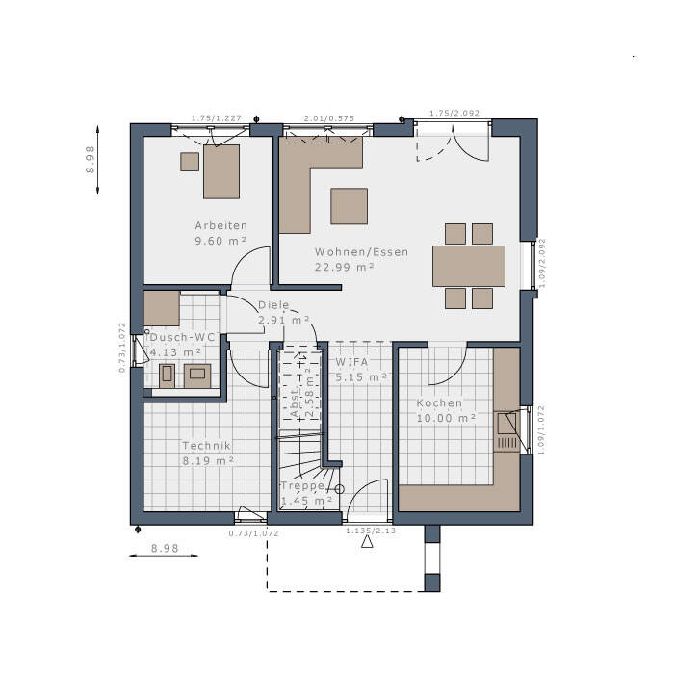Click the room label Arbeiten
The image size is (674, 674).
[x=220, y=225]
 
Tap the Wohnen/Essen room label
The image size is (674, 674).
[x=361, y=252]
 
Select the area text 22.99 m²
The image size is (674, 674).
[x=344, y=268]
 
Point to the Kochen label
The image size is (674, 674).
[x=439, y=402]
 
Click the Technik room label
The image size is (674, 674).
[x=206, y=446]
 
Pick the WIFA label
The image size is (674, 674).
[x=352, y=362]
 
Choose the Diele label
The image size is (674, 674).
[x=273, y=305]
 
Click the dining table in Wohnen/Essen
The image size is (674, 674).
[x=469, y=266]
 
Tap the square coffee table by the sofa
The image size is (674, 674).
[x=349, y=205]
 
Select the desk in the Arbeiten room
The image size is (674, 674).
[x=221, y=171]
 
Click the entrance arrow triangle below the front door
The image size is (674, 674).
[x=366, y=542]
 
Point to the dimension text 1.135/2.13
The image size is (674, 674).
[x=370, y=530]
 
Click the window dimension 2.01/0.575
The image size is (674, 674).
[x=329, y=118]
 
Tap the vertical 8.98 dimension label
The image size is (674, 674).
[x=91, y=159]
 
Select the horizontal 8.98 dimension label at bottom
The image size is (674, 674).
[x=166, y=548]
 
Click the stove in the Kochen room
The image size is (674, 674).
[x=505, y=430]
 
